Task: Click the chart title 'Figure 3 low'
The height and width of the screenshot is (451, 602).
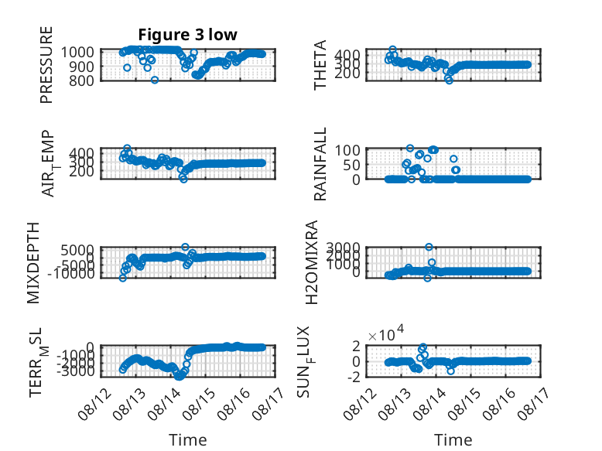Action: pos(188,35)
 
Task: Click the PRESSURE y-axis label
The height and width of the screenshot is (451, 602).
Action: pos(46,65)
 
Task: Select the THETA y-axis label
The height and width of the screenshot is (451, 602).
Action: pos(320,65)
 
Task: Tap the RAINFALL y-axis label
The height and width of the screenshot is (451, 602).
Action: pos(320,164)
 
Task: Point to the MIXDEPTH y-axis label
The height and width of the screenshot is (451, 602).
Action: pos(33,263)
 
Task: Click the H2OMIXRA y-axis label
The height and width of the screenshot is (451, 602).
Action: pos(312,262)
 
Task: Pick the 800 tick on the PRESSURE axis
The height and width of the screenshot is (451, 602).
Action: pos(81,80)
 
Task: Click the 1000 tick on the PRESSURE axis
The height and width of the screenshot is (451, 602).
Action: pos(77,52)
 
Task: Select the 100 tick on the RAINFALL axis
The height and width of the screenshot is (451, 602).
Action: pos(347,150)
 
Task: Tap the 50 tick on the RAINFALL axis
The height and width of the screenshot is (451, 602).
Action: pos(351,165)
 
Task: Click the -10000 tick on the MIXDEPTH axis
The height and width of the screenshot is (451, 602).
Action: pos(71,274)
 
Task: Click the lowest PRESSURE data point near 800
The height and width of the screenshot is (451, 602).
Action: pos(155,80)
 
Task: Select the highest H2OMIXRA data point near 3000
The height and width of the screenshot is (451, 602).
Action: pos(429,247)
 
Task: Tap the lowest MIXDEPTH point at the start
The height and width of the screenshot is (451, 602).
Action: pos(123,278)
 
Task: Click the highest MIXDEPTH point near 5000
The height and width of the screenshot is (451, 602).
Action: pos(185,247)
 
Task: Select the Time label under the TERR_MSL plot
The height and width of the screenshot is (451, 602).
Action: pos(188,439)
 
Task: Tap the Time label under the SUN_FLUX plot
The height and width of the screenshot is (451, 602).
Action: pos(453,439)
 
